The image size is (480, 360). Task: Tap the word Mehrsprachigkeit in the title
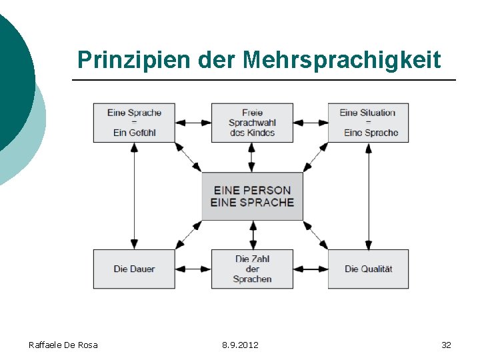[341, 60]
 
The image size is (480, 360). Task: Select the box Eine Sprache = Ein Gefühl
[134, 123]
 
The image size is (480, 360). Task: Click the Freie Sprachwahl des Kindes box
[252, 123]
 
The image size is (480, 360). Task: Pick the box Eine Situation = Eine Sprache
[368, 123]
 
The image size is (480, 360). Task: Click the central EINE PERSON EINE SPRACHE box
[252, 196]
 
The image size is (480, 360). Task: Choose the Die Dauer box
[134, 269]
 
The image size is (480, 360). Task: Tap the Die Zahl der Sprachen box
[252, 269]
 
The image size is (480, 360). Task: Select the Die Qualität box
[368, 269]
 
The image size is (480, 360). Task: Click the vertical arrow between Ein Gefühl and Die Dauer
[134, 196]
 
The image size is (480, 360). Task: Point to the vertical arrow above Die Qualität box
[369, 196]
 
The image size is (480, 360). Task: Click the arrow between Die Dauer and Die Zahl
[193, 269]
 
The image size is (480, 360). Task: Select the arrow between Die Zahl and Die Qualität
[311, 269]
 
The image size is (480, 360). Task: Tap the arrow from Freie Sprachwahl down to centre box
[252, 157]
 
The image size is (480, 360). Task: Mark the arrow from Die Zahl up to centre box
[252, 235]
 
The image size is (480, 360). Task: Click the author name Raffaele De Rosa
[63, 345]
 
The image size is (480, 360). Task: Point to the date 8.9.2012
[240, 345]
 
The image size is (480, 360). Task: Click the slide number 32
[446, 345]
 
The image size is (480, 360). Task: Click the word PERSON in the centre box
[266, 190]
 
